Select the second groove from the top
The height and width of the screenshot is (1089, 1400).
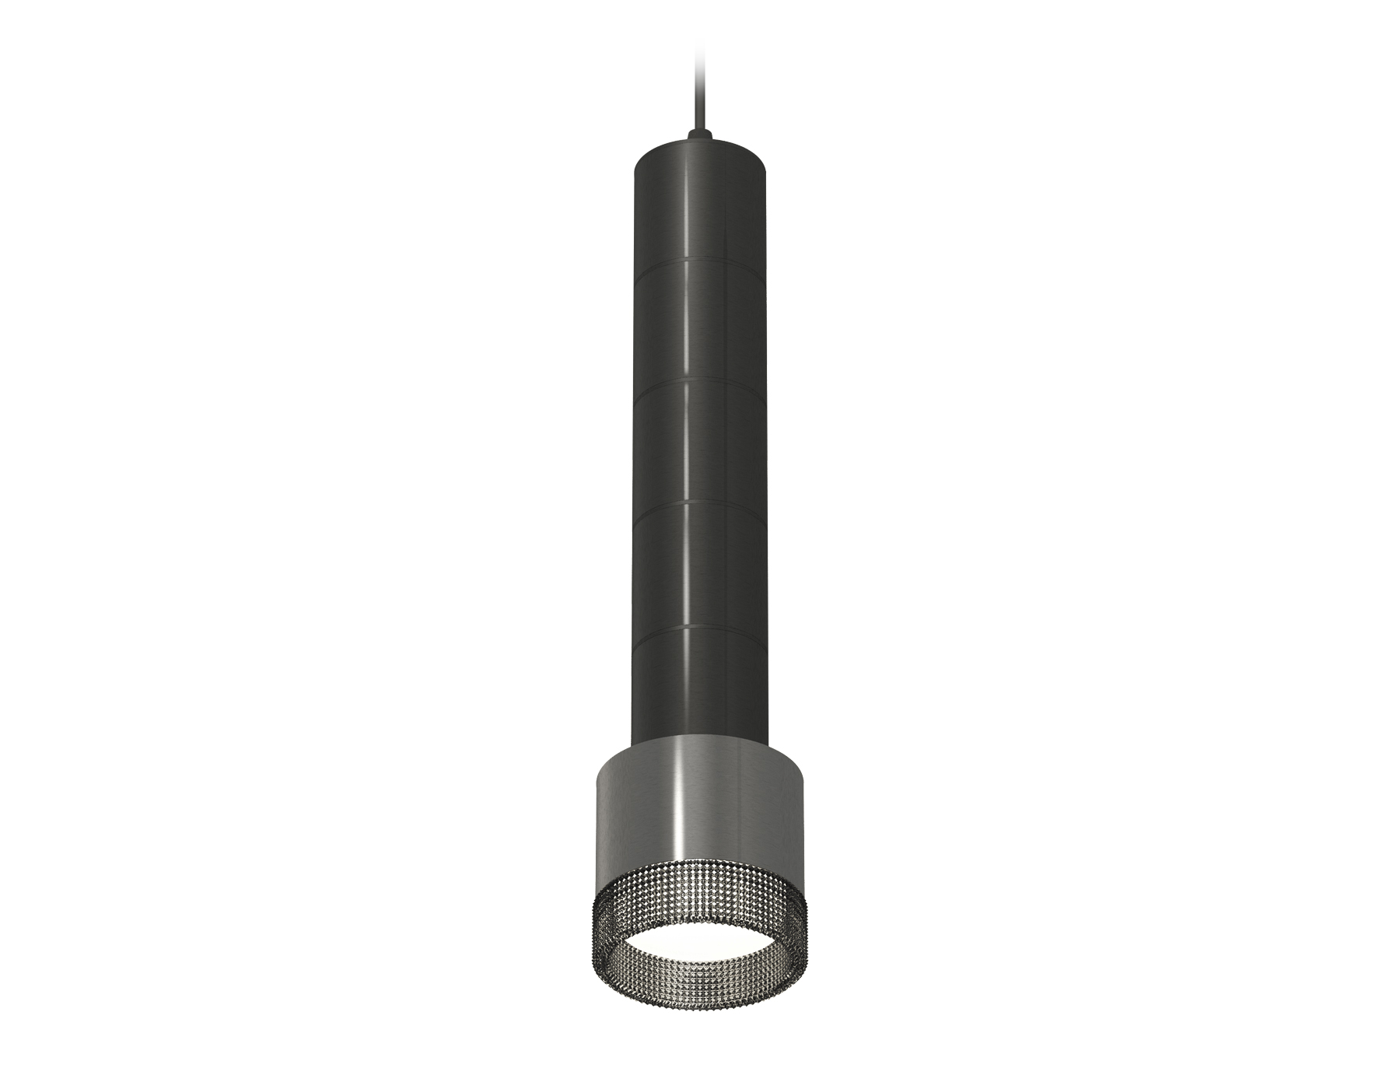[x=698, y=383]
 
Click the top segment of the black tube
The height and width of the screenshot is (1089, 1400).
[x=698, y=202]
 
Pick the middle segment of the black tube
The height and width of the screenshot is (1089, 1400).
[x=698, y=444]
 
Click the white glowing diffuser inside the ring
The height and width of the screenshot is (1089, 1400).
[x=698, y=933]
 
